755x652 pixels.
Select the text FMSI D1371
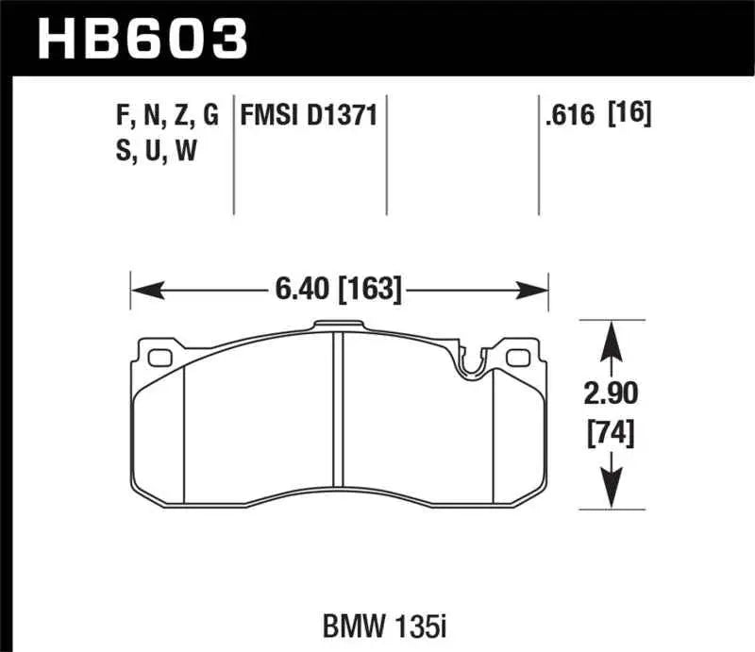tap(309, 116)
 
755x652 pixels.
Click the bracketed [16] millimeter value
tap(630, 116)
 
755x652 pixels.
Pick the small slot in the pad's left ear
tap(159, 359)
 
